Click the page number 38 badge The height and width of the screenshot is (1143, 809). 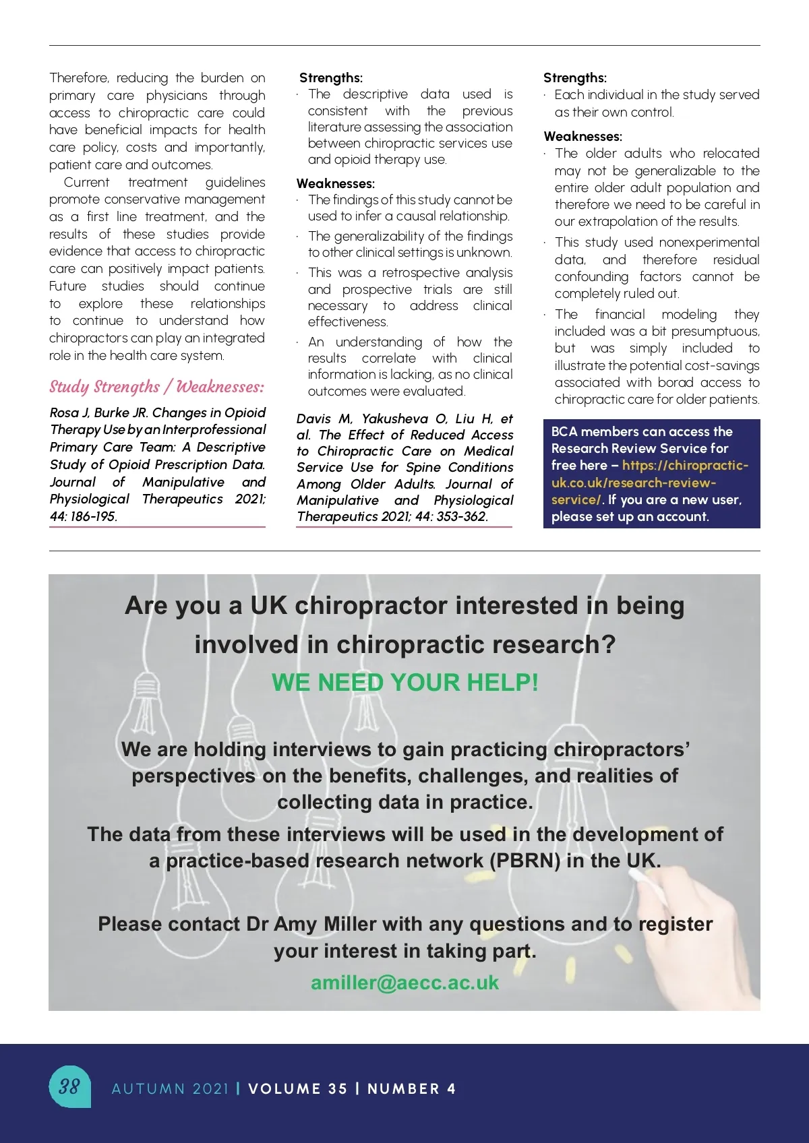(x=69, y=1086)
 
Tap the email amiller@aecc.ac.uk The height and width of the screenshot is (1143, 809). (x=404, y=983)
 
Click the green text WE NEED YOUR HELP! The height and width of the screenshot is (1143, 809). (x=404, y=683)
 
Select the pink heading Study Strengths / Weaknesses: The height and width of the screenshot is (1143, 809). (x=156, y=387)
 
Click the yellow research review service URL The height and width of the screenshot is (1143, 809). (x=649, y=483)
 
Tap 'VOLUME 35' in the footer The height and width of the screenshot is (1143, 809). (x=297, y=1089)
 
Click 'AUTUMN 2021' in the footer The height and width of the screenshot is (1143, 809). (x=171, y=1089)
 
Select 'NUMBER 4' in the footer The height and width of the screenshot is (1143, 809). (x=411, y=1089)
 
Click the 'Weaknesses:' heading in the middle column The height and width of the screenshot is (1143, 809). (x=336, y=183)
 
